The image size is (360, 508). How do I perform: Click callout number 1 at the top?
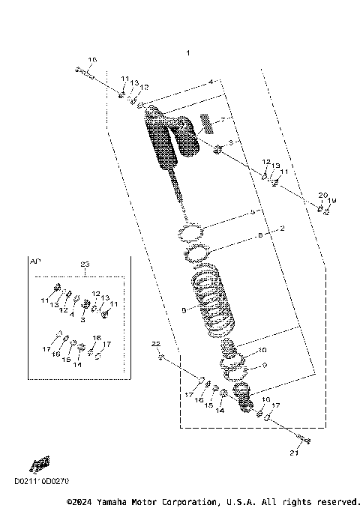189,53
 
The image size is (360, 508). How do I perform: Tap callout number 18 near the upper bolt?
93,60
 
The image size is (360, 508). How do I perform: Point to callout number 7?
222,121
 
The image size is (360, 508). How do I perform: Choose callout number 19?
333,200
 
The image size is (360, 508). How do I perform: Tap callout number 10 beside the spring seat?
261,351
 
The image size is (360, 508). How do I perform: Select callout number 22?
157,343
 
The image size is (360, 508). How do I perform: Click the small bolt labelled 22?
161,357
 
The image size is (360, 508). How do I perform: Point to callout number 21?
294,453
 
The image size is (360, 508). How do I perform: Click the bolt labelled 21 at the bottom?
301,440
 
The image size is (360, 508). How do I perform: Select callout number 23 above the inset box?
84,264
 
